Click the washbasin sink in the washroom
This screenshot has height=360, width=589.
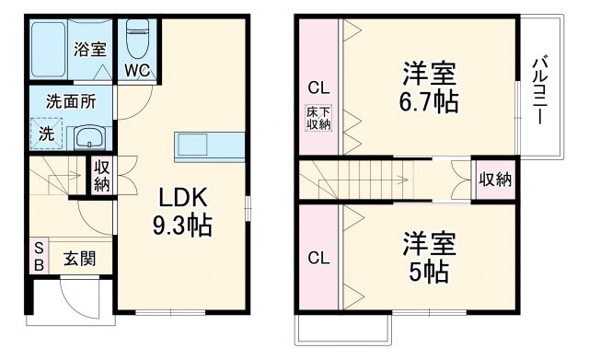(x=89, y=138)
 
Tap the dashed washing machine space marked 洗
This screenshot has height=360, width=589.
(x=46, y=133)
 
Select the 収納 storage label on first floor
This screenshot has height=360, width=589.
(x=101, y=176)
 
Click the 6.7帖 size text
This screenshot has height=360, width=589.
(x=430, y=101)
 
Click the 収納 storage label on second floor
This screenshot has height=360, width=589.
(x=494, y=180)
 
